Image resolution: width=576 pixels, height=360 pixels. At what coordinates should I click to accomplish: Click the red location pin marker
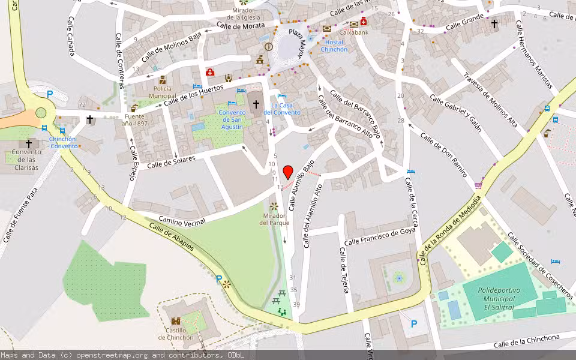coord(288,172)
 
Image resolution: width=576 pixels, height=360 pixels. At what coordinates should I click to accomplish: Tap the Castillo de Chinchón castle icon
coord(176,322)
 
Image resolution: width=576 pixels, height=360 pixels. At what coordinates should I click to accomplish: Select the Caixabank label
coord(353,32)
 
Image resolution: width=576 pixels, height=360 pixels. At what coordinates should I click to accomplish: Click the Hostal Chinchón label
coord(334,46)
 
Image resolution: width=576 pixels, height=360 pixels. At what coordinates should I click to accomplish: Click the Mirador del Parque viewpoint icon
coord(274,206)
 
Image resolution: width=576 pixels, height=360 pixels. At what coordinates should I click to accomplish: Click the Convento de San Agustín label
coord(231,119)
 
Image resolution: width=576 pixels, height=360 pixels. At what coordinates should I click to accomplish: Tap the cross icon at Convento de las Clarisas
coord(28,144)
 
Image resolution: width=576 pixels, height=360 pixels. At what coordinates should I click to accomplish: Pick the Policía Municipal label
coord(162,92)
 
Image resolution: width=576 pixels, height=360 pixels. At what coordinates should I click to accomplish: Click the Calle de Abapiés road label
coord(172,238)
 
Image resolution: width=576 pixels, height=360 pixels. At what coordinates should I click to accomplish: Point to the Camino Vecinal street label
coord(182,220)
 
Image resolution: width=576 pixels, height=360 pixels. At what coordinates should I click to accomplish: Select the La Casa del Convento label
coord(281,109)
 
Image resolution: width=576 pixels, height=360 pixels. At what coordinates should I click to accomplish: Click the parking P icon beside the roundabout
coord(50,94)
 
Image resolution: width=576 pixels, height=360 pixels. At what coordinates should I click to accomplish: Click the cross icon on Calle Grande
coord(494,24)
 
